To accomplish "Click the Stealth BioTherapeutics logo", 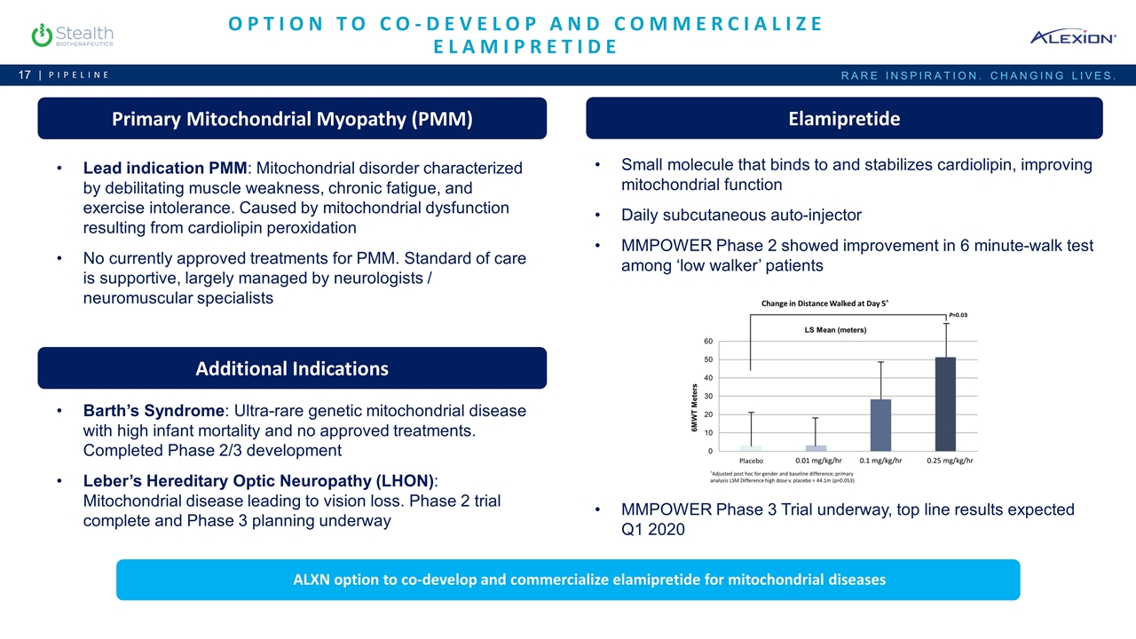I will (x=71, y=35).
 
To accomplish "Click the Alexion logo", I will (x=1073, y=36).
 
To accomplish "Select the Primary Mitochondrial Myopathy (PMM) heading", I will (x=292, y=119).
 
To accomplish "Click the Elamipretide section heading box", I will (x=844, y=119).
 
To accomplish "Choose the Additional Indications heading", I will (x=292, y=368).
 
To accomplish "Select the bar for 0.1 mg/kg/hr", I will (x=880, y=425).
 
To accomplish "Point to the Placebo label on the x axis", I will (x=758, y=461).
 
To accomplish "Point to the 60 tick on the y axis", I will (x=708, y=341).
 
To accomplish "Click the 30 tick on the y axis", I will (x=708, y=396).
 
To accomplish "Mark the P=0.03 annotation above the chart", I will (x=958, y=315).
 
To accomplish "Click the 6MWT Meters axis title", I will (x=695, y=407).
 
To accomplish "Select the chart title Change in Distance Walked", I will (x=824, y=304).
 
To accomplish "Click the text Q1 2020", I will (x=653, y=530).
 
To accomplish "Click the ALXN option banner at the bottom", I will (x=568, y=580).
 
